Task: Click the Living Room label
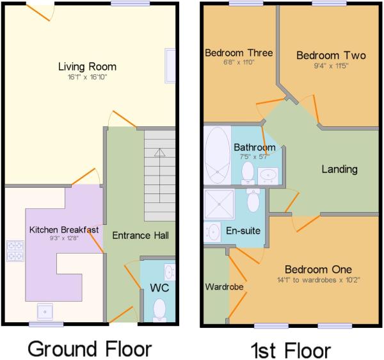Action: click(87, 67)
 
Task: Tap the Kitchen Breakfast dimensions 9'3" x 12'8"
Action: click(64, 238)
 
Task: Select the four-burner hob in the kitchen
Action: click(15, 250)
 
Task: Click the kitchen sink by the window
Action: click(45, 311)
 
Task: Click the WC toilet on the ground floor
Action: click(159, 310)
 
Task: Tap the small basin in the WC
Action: click(170, 272)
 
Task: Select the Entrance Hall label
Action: click(140, 236)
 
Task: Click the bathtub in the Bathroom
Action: click(218, 155)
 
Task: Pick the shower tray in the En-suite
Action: click(219, 204)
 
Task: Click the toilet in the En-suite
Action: click(253, 200)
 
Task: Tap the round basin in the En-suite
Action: click(212, 232)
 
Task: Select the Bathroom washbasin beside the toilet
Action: click(268, 176)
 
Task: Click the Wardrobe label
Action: click(224, 287)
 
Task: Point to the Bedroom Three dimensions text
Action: click(239, 62)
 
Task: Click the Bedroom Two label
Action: click(331, 55)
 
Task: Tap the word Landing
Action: click(339, 169)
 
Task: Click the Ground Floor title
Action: click(90, 348)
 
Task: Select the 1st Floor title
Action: click(291, 350)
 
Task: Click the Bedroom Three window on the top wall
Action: click(246, 3)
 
